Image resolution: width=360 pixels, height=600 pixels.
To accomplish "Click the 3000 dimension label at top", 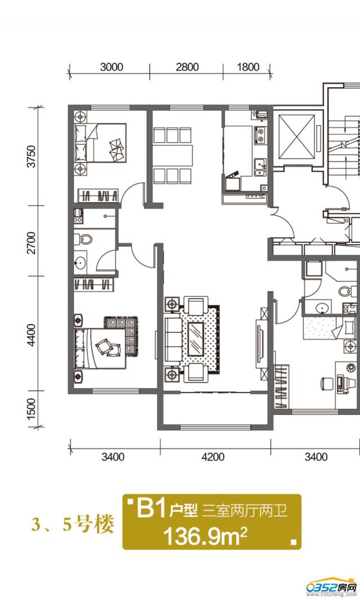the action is click(x=112, y=67).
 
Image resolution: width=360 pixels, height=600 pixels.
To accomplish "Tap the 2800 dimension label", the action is click(x=187, y=67).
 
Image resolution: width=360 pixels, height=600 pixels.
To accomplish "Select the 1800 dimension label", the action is click(x=248, y=67).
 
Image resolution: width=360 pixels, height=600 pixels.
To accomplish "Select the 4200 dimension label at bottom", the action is click(x=213, y=457).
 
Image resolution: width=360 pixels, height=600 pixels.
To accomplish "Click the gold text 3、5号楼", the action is click(x=73, y=524).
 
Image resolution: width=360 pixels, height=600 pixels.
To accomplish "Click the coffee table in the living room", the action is click(x=197, y=339).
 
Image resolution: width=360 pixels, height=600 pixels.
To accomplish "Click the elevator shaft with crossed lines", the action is click(x=297, y=137).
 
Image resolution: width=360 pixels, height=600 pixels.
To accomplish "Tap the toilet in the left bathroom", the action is click(x=84, y=240).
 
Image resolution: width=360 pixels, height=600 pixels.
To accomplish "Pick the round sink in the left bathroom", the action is click(x=80, y=263).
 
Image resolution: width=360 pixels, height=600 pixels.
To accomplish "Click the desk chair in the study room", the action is click(x=327, y=384).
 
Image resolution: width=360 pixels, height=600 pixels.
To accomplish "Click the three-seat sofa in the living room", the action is click(x=174, y=339).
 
